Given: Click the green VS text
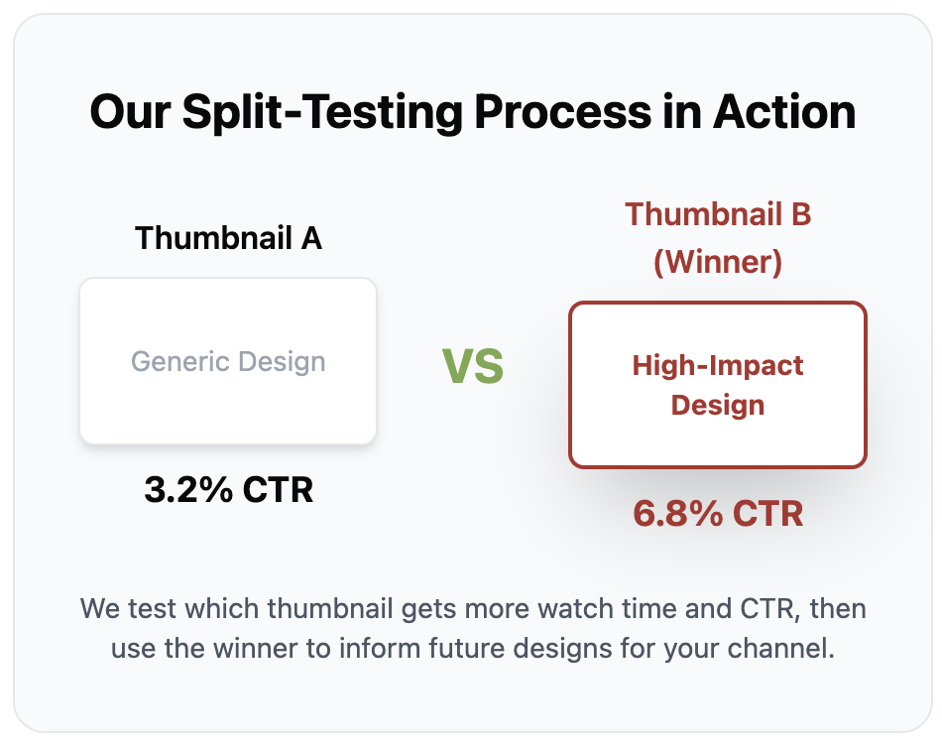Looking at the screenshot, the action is coord(473,367).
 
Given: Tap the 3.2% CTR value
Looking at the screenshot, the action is coord(228,490).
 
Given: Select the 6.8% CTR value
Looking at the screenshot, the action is coord(718,514).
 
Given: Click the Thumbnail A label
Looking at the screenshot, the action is coord(228,238).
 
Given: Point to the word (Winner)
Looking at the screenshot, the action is coord(718,262).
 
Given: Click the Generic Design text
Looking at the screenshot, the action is coord(228,362).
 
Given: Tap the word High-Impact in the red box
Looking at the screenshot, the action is coord(718,365).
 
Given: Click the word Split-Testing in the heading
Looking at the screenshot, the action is coord(322,113).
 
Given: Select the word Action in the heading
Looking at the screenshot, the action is coord(784,112).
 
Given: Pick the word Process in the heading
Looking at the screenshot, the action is coord(563,112).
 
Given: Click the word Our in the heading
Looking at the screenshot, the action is coord(130,112).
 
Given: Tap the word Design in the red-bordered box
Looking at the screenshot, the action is coord(718,406).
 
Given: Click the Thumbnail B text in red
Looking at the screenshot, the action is coord(718,214).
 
